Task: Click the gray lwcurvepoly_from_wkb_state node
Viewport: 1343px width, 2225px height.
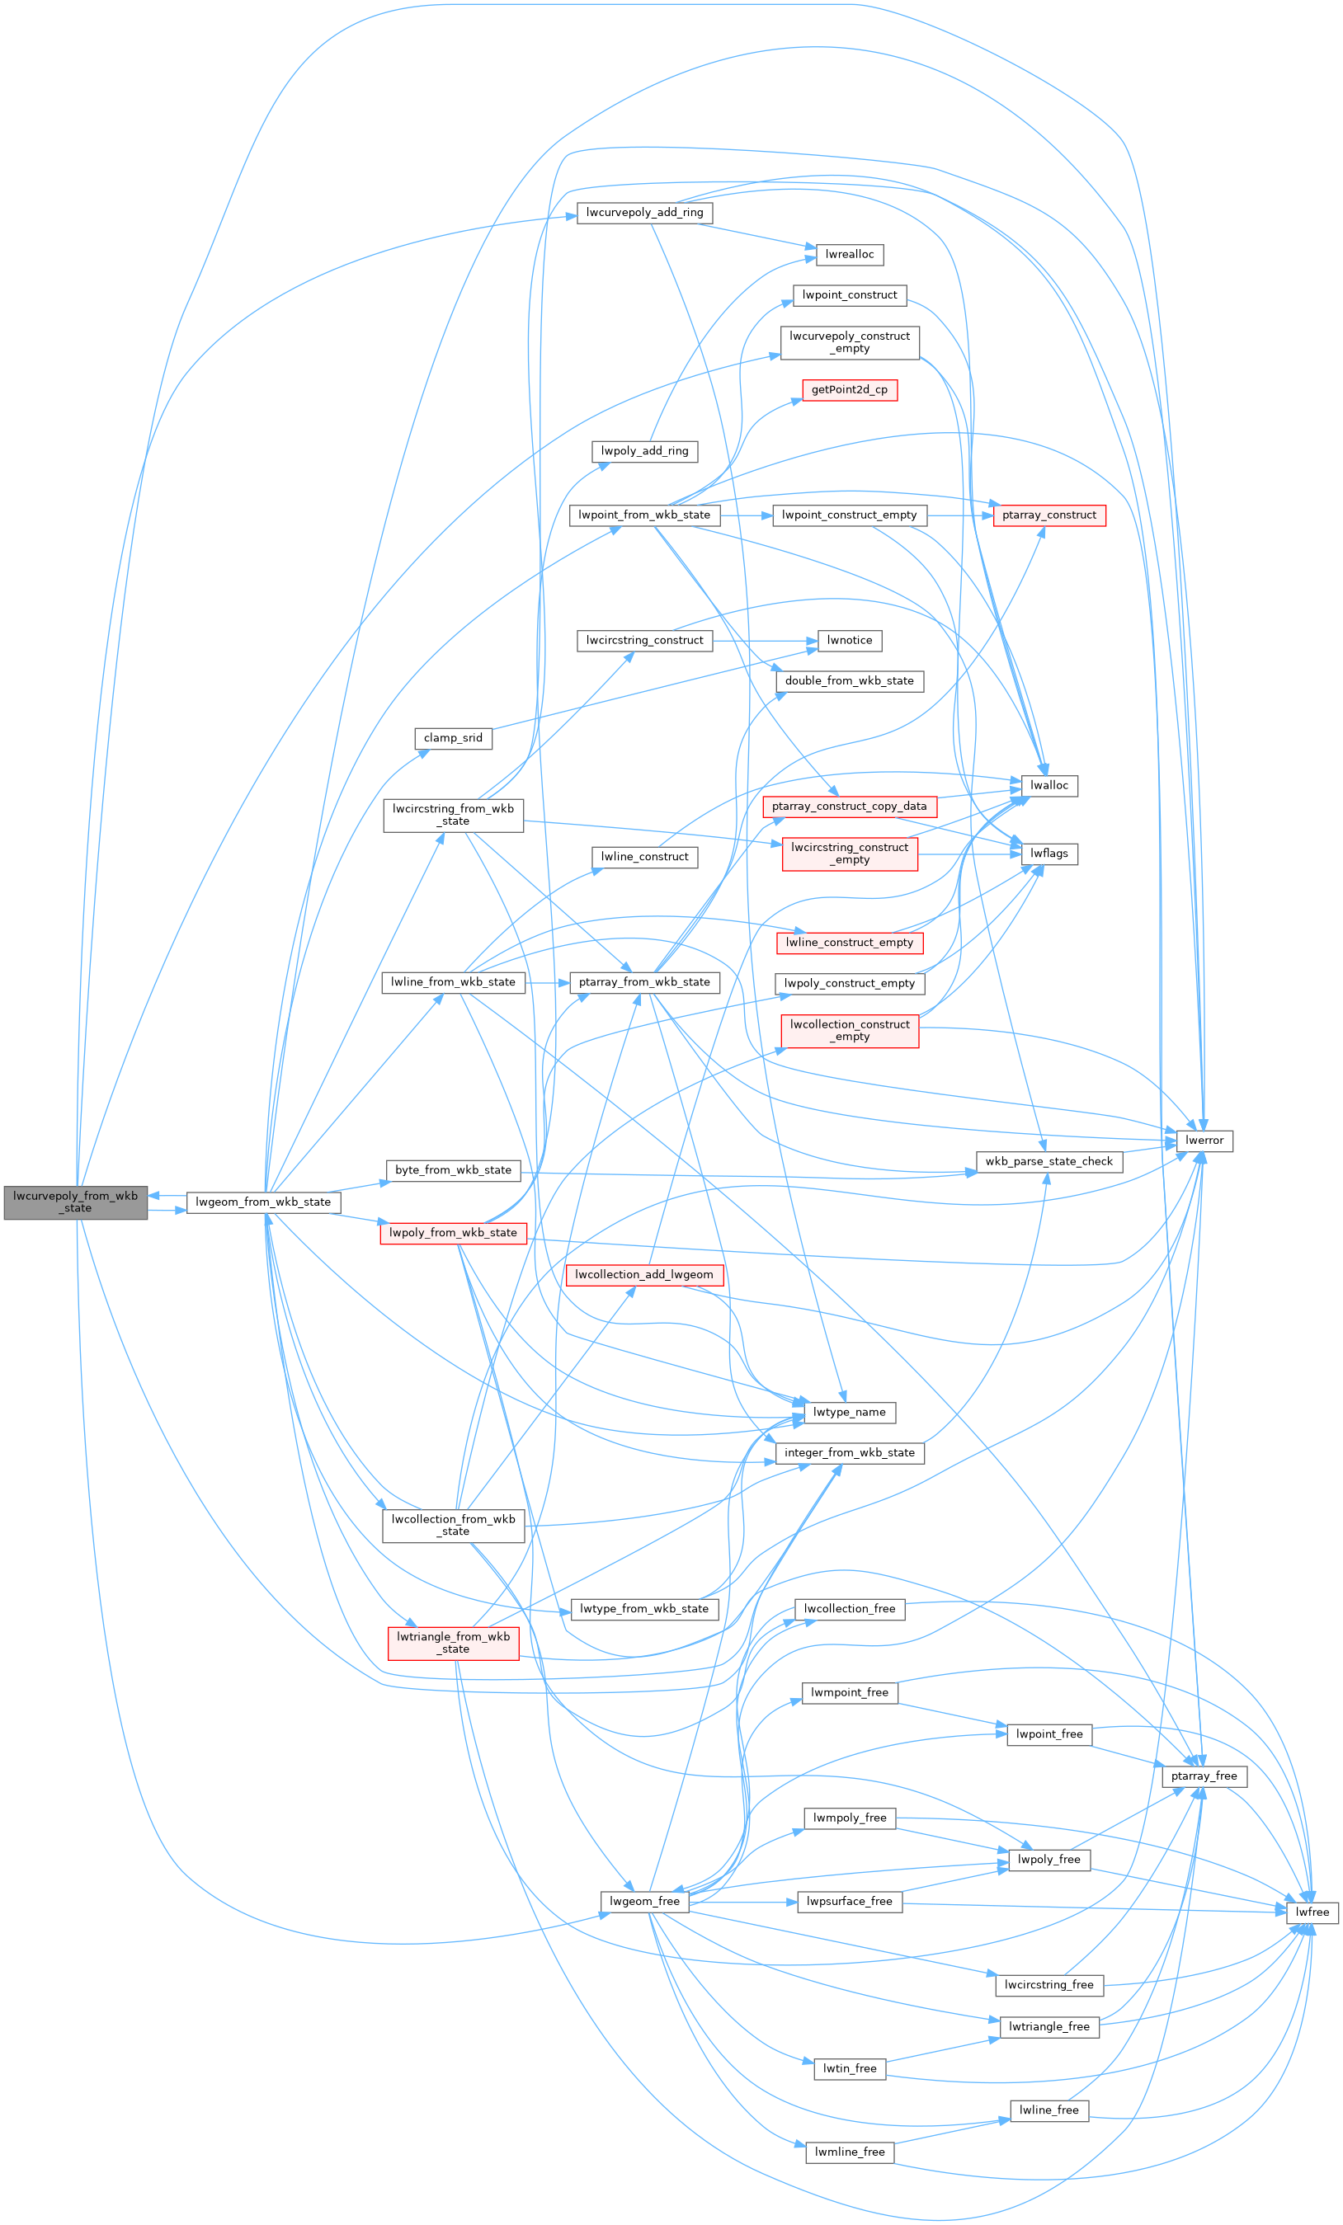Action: pyautogui.click(x=75, y=1202)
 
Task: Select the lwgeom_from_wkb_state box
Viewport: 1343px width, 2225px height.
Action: pyautogui.click(x=263, y=1202)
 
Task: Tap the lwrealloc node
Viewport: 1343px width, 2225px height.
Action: pyautogui.click(x=849, y=255)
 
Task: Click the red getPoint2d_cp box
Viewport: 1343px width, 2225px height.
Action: pyautogui.click(x=849, y=390)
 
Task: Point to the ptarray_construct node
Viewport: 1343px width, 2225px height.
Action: pyautogui.click(x=1048, y=515)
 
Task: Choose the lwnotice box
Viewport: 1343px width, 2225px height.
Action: pyautogui.click(x=849, y=640)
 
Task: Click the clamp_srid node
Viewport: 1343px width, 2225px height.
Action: pyautogui.click(x=453, y=738)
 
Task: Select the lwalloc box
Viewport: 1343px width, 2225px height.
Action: pyautogui.click(x=1048, y=786)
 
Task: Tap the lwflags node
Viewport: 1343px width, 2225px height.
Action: pyautogui.click(x=1048, y=854)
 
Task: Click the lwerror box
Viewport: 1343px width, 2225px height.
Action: pyautogui.click(x=1204, y=1141)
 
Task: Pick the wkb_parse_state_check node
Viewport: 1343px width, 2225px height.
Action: pyautogui.click(x=1048, y=1161)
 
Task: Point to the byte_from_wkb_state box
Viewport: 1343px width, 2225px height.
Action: pyautogui.click(x=453, y=1170)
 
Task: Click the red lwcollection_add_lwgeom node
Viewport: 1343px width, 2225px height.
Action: pyautogui.click(x=644, y=1275)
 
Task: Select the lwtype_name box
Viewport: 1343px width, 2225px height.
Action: pyautogui.click(x=849, y=1413)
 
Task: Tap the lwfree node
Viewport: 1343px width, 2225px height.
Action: pyautogui.click(x=1312, y=1912)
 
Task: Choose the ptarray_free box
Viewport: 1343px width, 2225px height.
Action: pyautogui.click(x=1204, y=1776)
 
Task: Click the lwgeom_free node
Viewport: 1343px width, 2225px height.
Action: pyautogui.click(x=644, y=1901)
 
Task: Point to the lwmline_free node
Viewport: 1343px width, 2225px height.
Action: pyautogui.click(x=849, y=2152)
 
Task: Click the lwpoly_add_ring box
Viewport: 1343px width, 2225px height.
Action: pyautogui.click(x=644, y=451)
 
